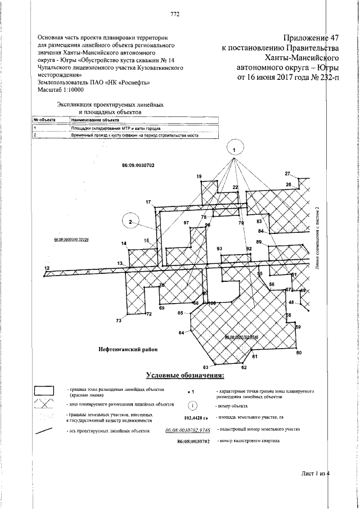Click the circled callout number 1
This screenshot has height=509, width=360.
click(x=236, y=148)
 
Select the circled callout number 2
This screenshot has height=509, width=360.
click(x=130, y=222)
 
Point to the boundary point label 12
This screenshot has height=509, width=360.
click(x=47, y=268)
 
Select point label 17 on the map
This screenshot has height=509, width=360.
click(x=148, y=202)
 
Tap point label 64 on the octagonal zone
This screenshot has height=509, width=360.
click(x=182, y=333)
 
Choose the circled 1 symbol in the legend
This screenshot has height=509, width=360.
click(x=192, y=405)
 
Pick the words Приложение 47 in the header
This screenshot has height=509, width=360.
click(x=309, y=38)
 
